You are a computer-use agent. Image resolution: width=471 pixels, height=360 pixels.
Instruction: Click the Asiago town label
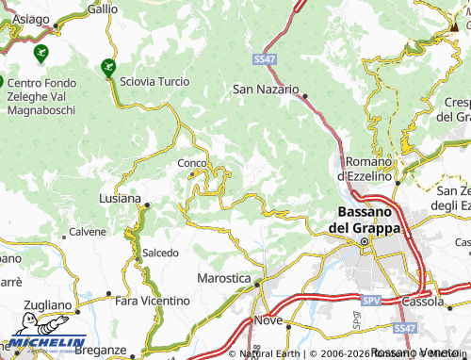tap(31, 20)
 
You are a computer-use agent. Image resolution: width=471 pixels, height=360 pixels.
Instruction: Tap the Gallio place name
tap(102, 8)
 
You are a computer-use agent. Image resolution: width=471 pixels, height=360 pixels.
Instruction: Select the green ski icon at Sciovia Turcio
tap(107, 67)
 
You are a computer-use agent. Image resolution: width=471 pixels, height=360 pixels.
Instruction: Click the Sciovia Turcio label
tap(154, 82)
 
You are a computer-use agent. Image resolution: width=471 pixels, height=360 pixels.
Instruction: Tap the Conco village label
tap(191, 162)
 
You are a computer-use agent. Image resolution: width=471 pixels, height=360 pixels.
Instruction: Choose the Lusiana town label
tap(120, 199)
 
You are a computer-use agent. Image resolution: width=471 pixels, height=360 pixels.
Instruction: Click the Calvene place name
tap(88, 232)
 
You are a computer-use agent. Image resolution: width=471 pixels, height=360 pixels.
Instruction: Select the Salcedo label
tap(160, 253)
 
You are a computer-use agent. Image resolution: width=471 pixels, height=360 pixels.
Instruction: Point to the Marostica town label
tap(224, 279)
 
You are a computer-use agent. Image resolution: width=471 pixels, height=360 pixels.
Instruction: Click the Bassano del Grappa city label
tap(364, 221)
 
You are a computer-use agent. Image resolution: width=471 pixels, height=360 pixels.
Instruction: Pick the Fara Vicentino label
tap(151, 301)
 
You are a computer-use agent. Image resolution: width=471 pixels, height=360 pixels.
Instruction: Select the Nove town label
tap(268, 321)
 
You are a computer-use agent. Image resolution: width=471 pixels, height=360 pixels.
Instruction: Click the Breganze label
tap(100, 350)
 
